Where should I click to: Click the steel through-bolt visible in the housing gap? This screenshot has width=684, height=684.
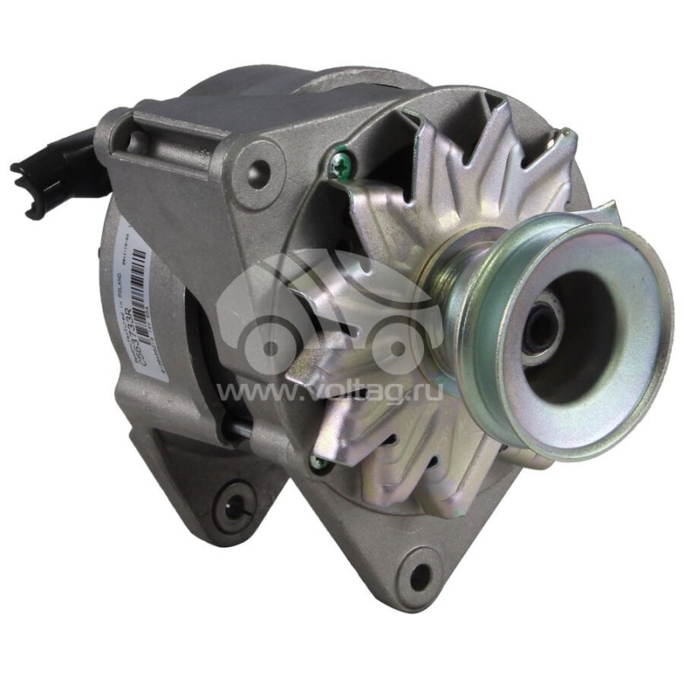pyautogui.click(x=244, y=432)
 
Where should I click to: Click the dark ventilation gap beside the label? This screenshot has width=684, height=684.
pyautogui.click(x=201, y=359)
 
